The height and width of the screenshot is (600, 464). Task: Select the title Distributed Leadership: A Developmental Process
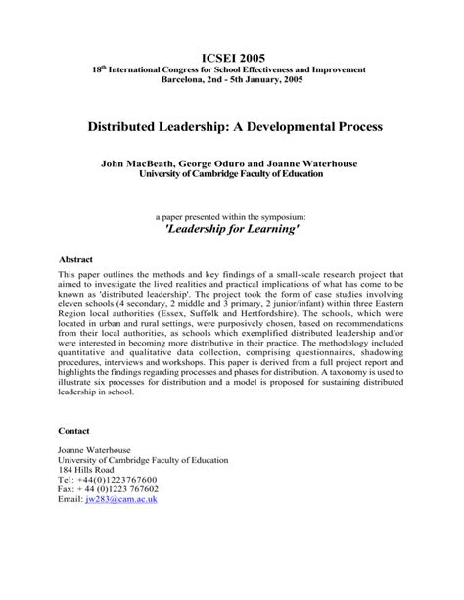tap(232, 127)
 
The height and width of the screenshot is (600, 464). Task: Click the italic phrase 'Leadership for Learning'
tap(232, 228)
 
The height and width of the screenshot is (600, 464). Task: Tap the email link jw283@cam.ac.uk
tap(121, 499)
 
